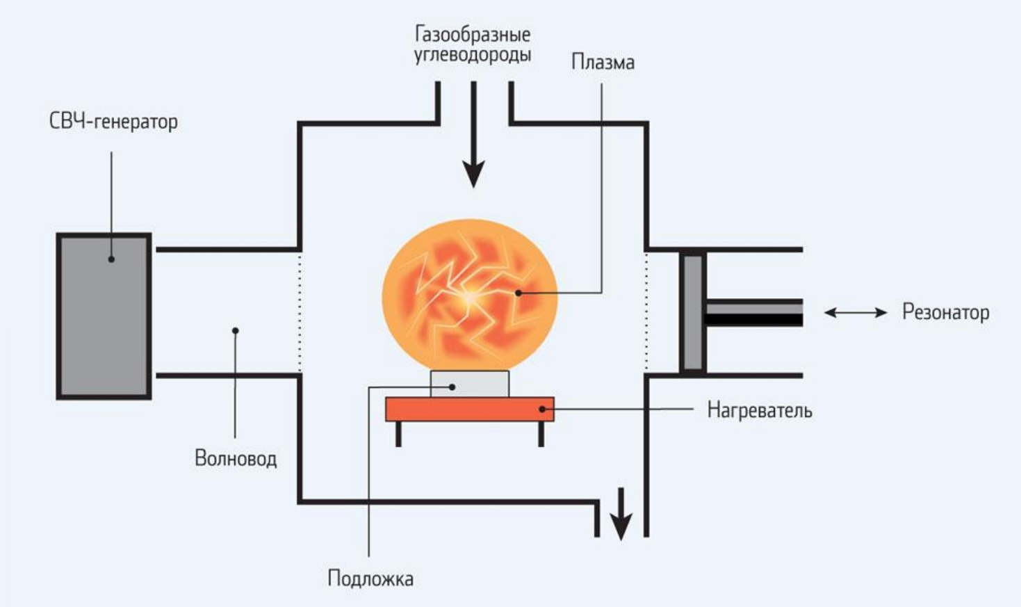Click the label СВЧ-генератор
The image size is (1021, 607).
[x=113, y=122]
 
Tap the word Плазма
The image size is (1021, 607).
[x=603, y=63]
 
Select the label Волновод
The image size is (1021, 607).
[x=236, y=459]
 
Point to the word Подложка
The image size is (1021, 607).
[x=370, y=578]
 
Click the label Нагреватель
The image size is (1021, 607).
[x=759, y=410]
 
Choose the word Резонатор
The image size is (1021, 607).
[x=945, y=312]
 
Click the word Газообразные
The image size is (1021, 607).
[x=473, y=33]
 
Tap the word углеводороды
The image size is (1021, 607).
[x=473, y=55]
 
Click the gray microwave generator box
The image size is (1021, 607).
[x=104, y=316]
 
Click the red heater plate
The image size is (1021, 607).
[x=470, y=410]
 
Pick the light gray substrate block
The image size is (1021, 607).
[x=470, y=384]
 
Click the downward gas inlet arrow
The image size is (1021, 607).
[x=474, y=139]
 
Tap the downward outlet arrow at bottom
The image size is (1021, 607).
[x=621, y=515]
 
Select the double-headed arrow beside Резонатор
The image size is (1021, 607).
[x=856, y=313]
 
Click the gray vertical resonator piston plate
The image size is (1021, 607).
[x=692, y=312]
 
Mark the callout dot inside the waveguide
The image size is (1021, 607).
[x=236, y=330]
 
